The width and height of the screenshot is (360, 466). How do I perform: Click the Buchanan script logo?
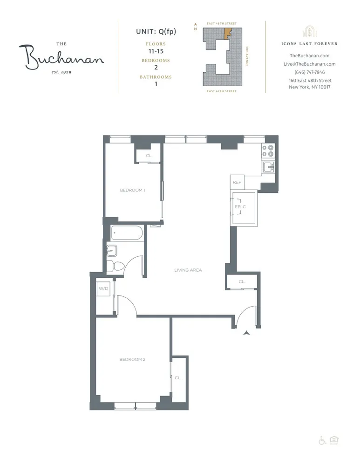[61, 58]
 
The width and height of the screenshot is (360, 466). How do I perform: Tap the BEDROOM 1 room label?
[133, 190]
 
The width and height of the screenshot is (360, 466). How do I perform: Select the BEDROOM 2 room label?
[133, 359]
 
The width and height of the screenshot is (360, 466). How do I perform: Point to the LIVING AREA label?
[188, 270]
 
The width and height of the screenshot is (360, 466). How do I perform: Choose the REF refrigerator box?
[237, 182]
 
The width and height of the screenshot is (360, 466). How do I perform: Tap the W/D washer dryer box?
[102, 288]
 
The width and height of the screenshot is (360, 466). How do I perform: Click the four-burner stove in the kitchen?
[268, 150]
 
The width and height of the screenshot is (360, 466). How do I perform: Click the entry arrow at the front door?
[246, 332]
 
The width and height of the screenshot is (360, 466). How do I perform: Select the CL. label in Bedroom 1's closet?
[149, 156]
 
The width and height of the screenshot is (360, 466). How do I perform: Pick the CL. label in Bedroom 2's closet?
[178, 377]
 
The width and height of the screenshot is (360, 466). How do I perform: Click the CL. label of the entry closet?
[242, 281]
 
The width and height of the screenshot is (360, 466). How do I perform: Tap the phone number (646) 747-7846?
[309, 72]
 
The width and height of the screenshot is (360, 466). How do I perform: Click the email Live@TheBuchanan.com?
[309, 64]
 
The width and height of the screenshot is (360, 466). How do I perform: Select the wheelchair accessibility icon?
[321, 440]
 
